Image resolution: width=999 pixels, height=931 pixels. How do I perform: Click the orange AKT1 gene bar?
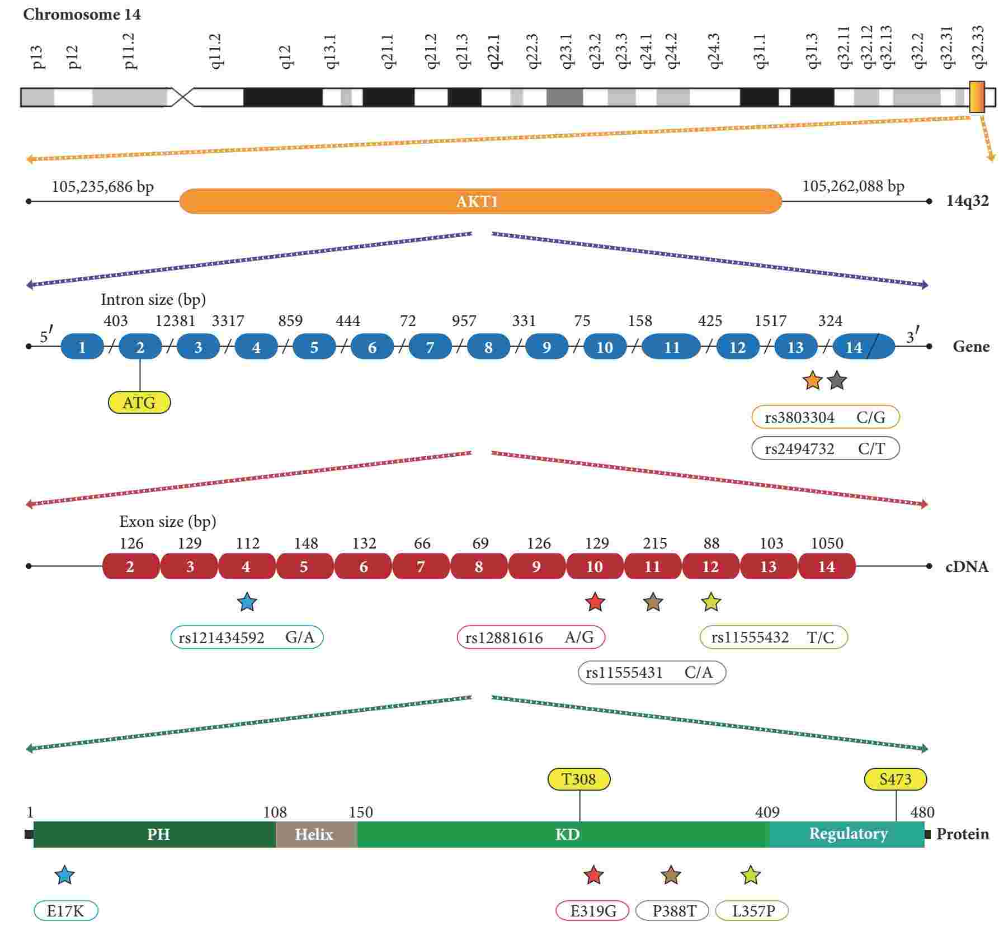pyautogui.click(x=480, y=201)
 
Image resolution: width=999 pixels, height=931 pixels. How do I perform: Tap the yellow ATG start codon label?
pyautogui.click(x=139, y=403)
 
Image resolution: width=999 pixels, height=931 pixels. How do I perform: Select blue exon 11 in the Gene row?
pyautogui.click(x=671, y=347)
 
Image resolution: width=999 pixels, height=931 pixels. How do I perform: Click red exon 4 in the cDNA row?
pyautogui.click(x=246, y=566)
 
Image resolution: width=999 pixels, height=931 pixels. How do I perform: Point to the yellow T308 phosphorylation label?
pyautogui.click(x=578, y=779)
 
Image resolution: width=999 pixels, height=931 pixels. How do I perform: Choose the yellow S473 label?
pyautogui.click(x=895, y=779)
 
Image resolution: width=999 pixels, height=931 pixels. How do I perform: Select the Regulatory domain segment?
pyautogui.click(x=847, y=834)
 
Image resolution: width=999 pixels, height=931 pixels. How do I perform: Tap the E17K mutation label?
pyautogui.click(x=65, y=911)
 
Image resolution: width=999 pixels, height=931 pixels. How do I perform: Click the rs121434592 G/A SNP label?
pyautogui.click(x=247, y=637)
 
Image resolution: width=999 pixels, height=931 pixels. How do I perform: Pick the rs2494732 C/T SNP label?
pyautogui.click(x=825, y=448)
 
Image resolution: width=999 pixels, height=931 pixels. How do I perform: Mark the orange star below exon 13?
pyautogui.click(x=812, y=381)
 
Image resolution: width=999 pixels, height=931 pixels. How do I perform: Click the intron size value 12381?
pyautogui.click(x=175, y=321)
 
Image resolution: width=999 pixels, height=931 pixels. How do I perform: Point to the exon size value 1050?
pyautogui.click(x=827, y=544)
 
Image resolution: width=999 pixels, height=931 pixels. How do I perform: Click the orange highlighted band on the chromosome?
pyautogui.click(x=977, y=97)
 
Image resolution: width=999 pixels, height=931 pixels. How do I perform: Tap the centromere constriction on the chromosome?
pyautogui.click(x=182, y=97)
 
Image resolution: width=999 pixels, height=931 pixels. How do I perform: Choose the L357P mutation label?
pyautogui.click(x=752, y=911)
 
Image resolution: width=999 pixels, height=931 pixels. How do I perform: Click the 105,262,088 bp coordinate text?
pyautogui.click(x=853, y=186)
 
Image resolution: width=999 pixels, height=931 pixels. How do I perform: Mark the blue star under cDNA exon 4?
pyautogui.click(x=247, y=603)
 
